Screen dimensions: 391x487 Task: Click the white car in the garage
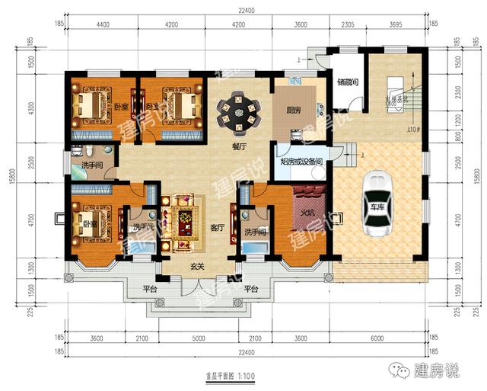point(377,203)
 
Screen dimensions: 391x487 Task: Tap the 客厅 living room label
point(219,226)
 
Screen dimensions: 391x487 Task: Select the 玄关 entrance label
point(199,266)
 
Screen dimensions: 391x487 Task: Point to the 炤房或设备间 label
point(302,162)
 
